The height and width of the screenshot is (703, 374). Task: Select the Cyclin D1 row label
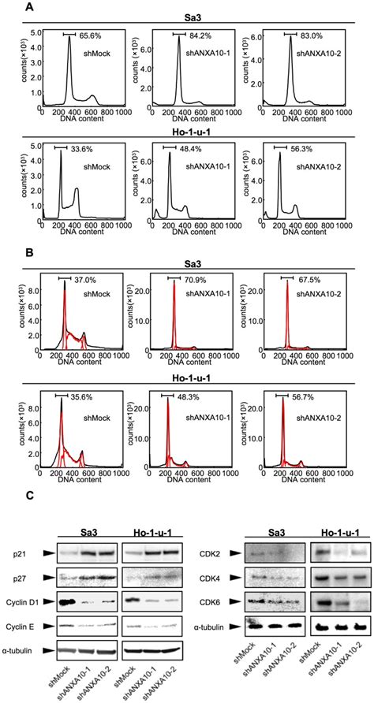(x=18, y=602)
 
